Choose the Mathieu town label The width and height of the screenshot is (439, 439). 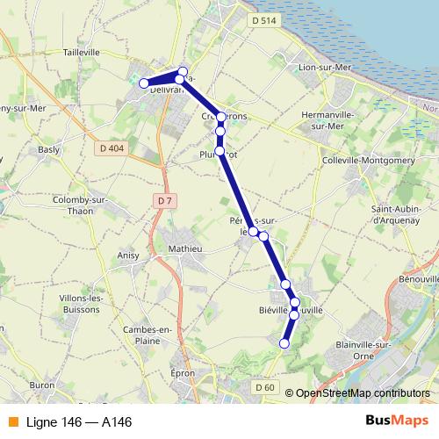185,248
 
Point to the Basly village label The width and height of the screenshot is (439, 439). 49,149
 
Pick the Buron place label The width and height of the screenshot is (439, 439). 42,385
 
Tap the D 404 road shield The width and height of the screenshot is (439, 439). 112,148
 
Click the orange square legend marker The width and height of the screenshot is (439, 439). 12,422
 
